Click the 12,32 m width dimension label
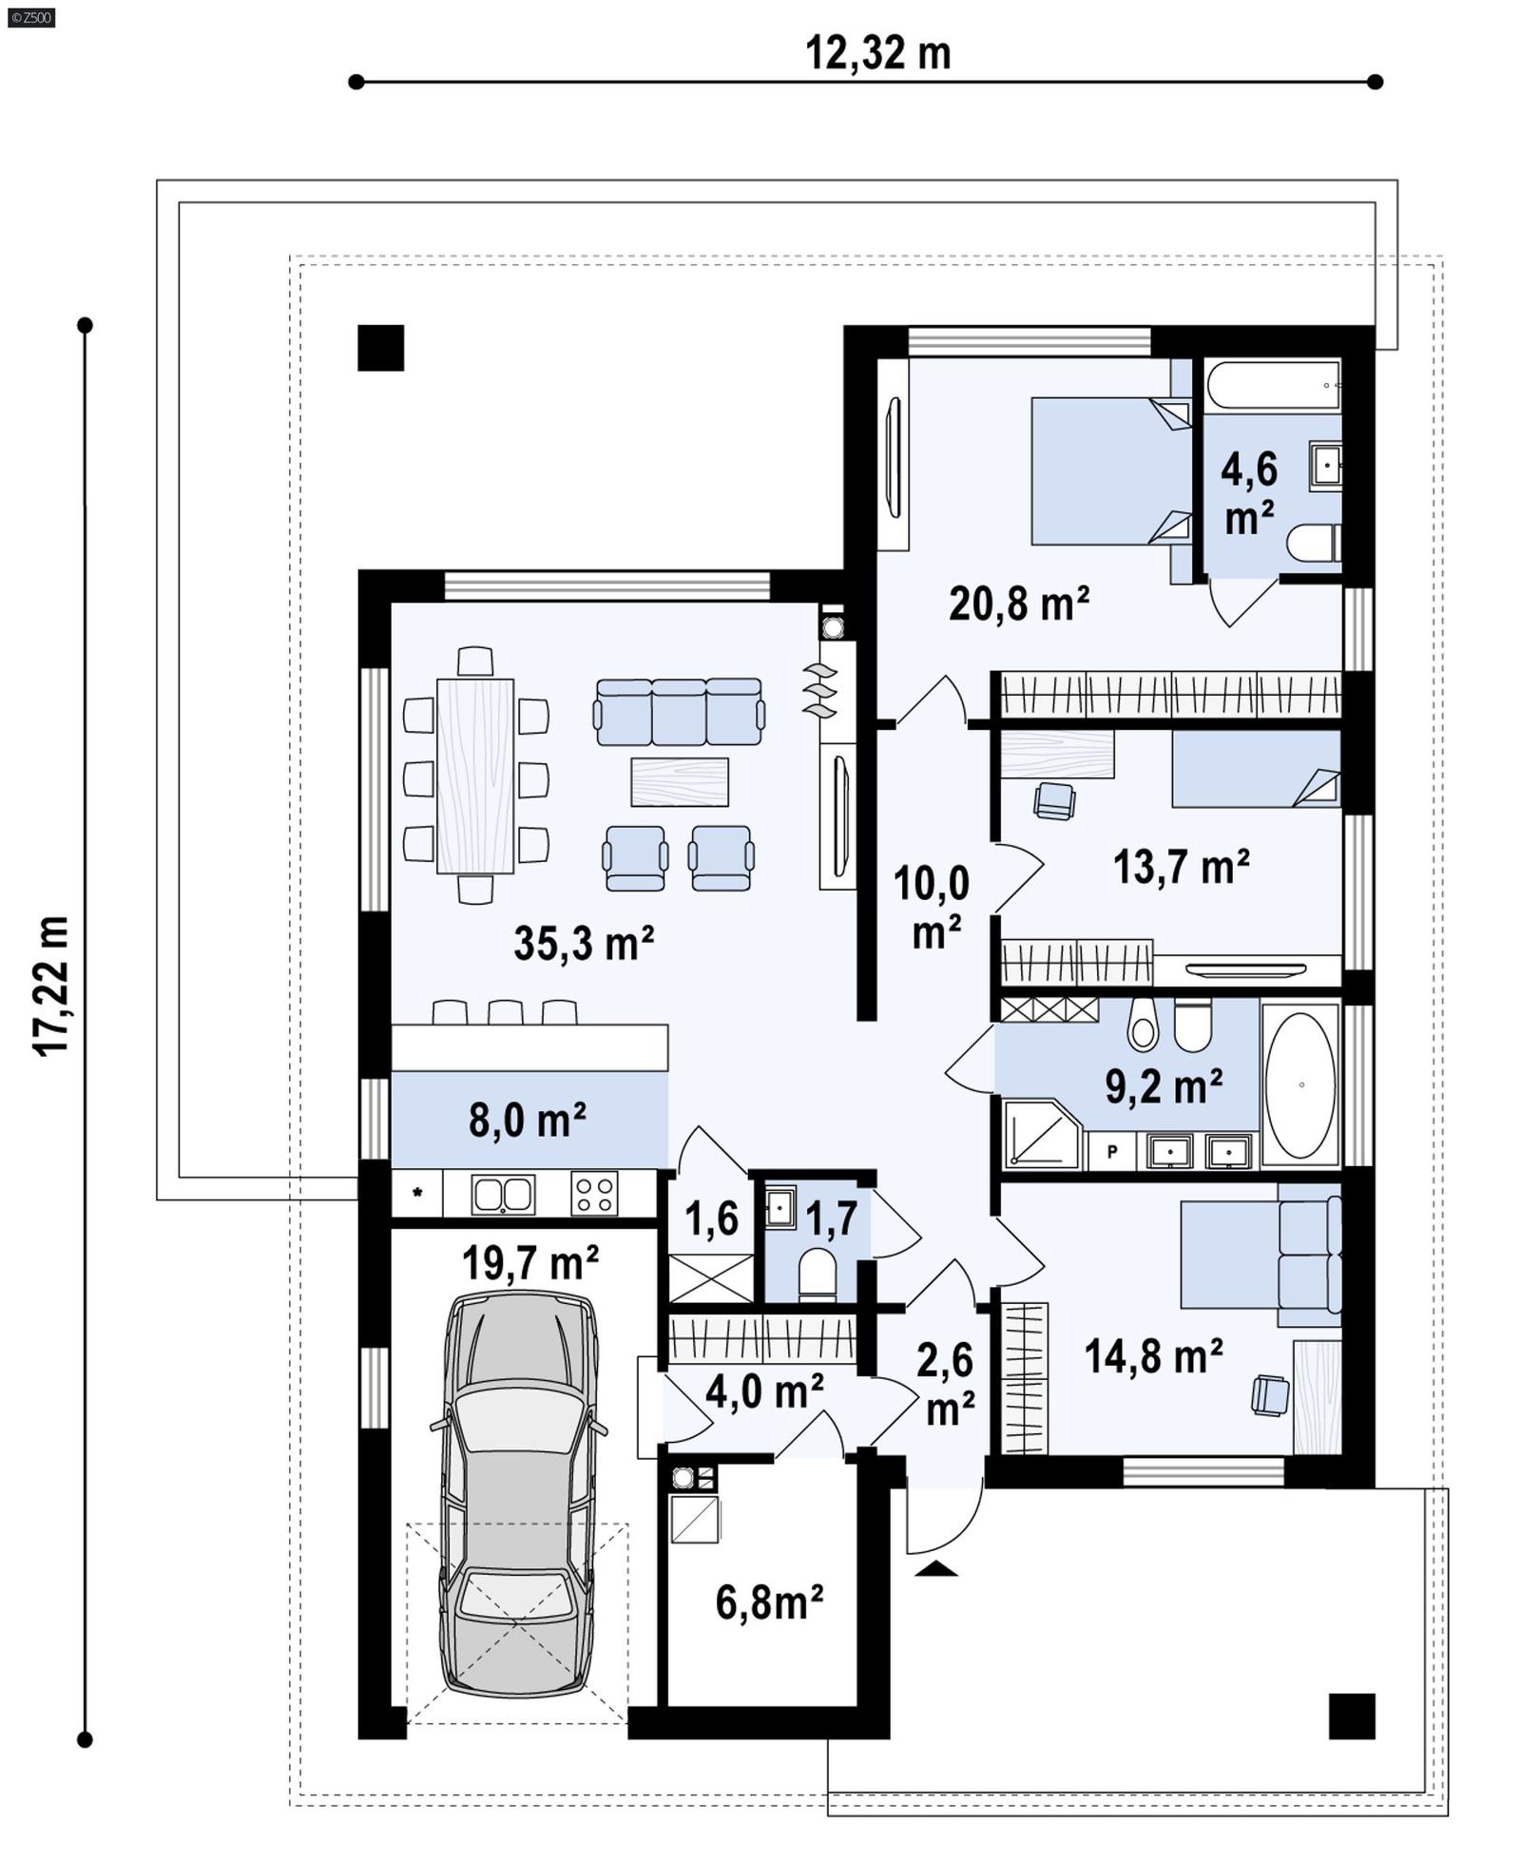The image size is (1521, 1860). (876, 53)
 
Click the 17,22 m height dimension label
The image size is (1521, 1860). (51, 985)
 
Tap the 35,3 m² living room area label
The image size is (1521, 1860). (583, 943)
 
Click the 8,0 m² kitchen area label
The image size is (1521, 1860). (527, 1120)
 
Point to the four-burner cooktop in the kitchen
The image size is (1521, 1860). (593, 1194)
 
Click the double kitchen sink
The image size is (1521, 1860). (503, 1194)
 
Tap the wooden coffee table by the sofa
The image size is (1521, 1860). (679, 781)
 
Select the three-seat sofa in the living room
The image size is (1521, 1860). (679, 712)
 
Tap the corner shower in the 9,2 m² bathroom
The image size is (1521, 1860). (1039, 1135)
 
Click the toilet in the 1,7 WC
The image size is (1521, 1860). (817, 1274)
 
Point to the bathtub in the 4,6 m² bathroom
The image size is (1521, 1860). (1273, 385)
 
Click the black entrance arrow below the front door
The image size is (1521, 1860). (936, 1568)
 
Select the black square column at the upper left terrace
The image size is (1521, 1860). (380, 348)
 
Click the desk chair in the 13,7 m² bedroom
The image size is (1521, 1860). (1053, 800)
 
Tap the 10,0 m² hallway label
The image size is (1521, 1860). (933, 907)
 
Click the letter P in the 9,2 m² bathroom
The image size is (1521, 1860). (1111, 1151)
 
